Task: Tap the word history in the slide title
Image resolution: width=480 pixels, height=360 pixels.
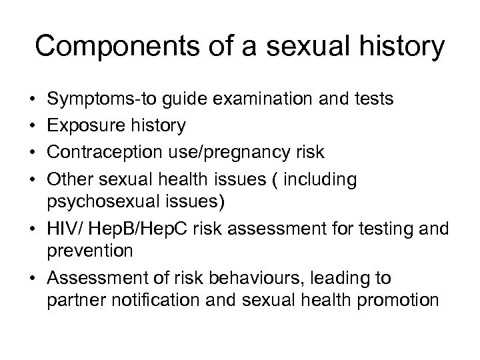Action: tap(400, 47)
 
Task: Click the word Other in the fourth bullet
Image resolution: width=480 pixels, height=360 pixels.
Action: tap(68, 179)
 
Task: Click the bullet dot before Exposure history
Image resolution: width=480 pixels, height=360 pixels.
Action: tap(33, 126)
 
